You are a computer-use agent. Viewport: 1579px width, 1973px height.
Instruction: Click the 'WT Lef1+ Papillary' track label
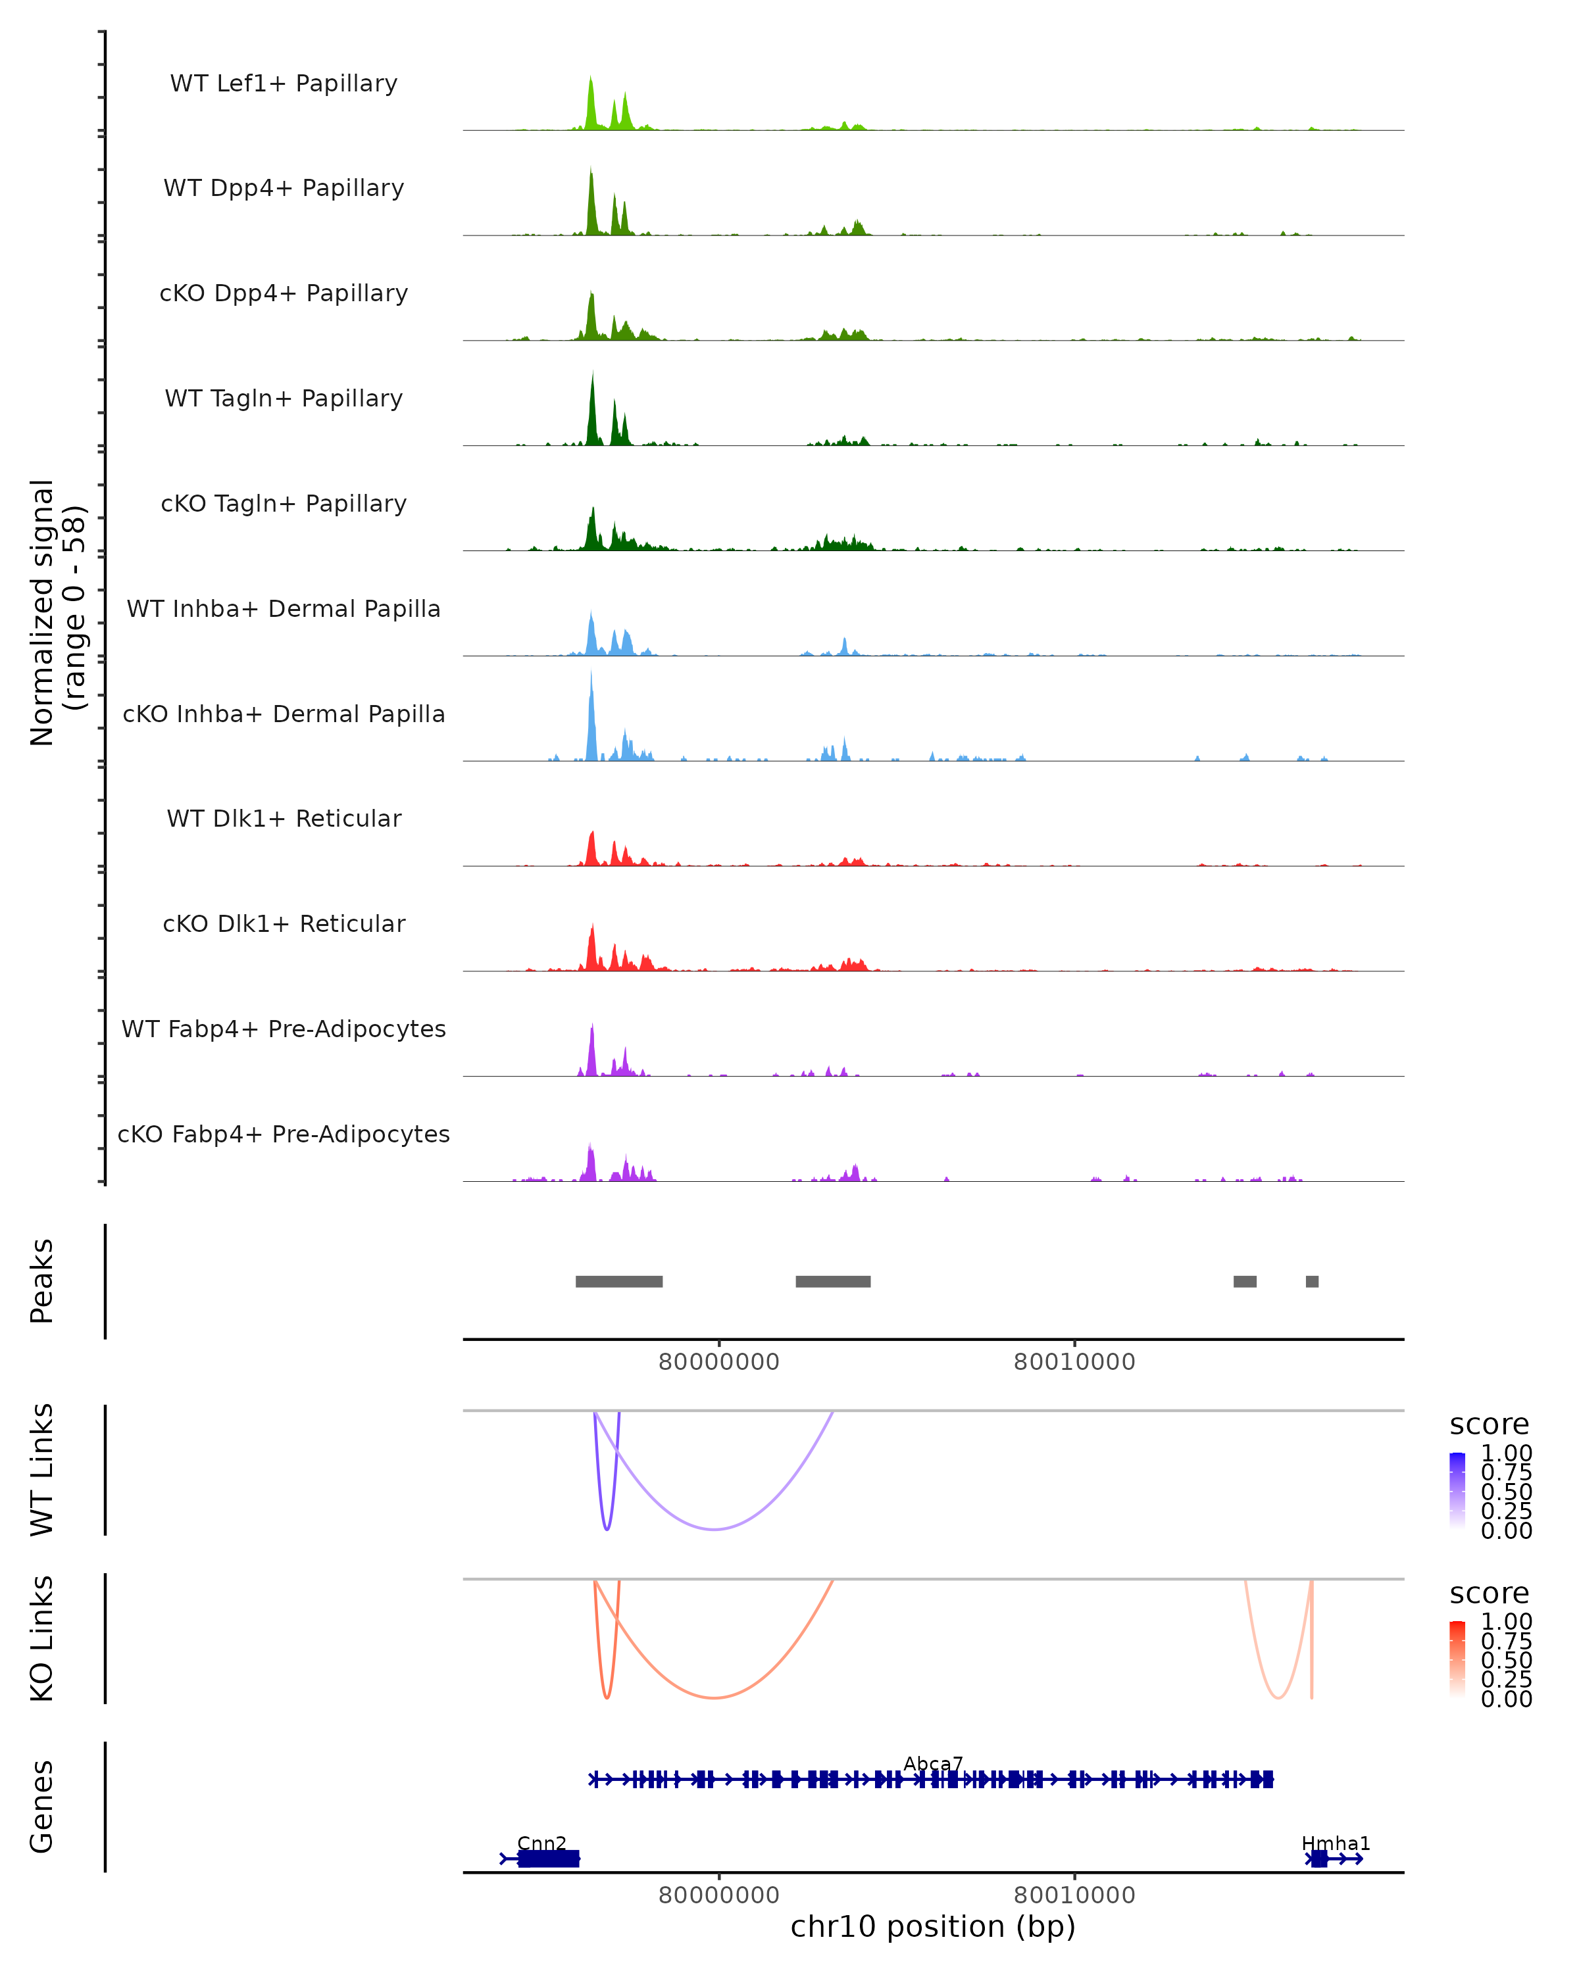coord(284,84)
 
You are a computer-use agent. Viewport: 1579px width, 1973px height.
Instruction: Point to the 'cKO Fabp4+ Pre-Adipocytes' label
coord(284,1134)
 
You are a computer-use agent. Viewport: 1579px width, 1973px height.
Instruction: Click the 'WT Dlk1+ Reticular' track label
coord(284,818)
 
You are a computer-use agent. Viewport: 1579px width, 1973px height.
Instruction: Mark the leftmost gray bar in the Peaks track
coord(619,1281)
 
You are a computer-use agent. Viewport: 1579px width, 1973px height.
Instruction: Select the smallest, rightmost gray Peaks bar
coord(1312,1281)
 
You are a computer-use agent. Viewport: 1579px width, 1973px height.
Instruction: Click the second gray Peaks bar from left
coord(833,1281)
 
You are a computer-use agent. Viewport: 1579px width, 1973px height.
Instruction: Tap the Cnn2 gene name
coord(542,1843)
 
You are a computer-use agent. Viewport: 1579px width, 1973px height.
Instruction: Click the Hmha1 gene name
coord(1336,1843)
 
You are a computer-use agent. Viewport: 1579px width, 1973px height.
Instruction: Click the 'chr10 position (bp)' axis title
coord(933,1927)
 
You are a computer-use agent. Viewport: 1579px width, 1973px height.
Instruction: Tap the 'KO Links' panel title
coord(42,1638)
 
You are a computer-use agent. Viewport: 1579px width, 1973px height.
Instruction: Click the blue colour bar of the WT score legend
coord(1457,1491)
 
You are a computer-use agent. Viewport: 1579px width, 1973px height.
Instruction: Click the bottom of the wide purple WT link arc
coord(715,1529)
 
